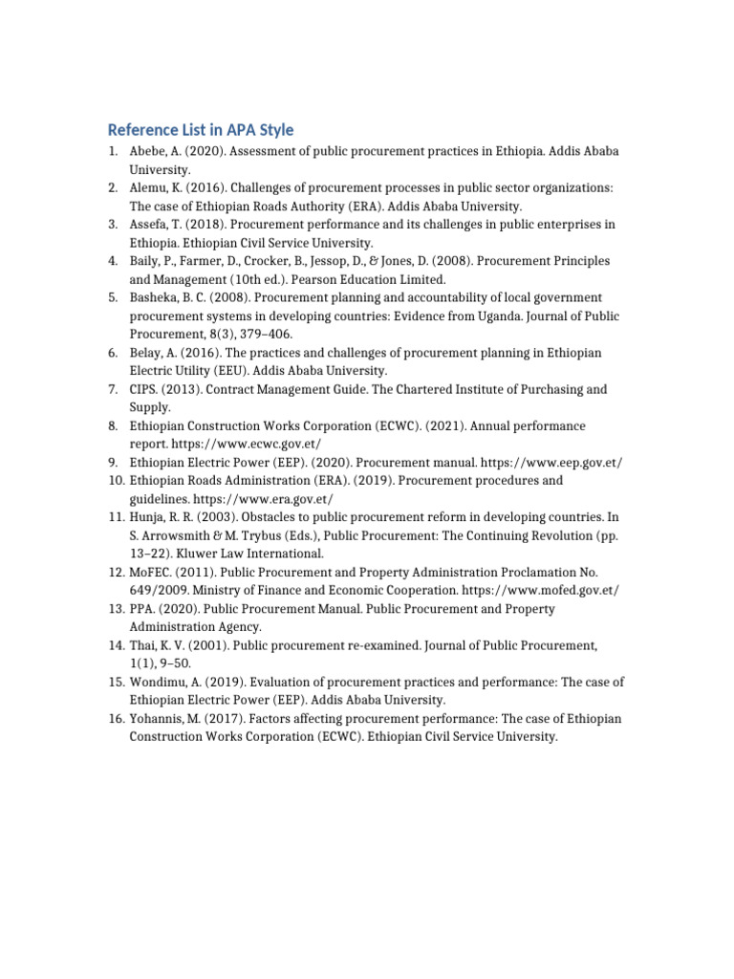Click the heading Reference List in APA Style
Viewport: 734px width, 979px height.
click(x=201, y=129)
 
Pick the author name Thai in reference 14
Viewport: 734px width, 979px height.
click(x=143, y=645)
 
